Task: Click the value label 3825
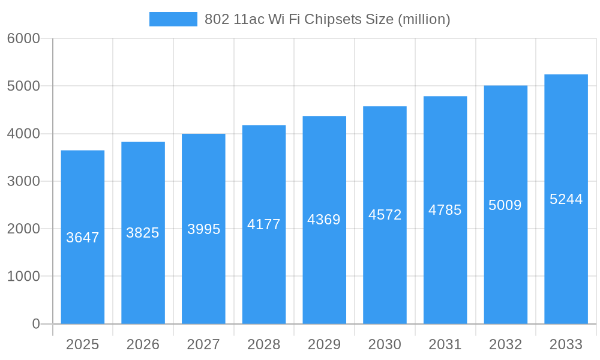pos(143,233)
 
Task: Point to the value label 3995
pos(203,229)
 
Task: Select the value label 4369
pos(324,220)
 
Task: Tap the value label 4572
pos(385,215)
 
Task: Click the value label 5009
pos(505,205)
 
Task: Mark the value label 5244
pos(566,199)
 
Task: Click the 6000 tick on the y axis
pos(23,39)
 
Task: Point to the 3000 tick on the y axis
pos(23,181)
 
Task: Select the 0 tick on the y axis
pos(35,324)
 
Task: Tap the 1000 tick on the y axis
pos(23,277)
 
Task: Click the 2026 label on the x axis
pos(143,344)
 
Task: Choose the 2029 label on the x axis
pos(324,344)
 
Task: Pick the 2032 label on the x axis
pos(505,344)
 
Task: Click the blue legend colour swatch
pos(173,19)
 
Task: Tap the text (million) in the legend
pos(424,19)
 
